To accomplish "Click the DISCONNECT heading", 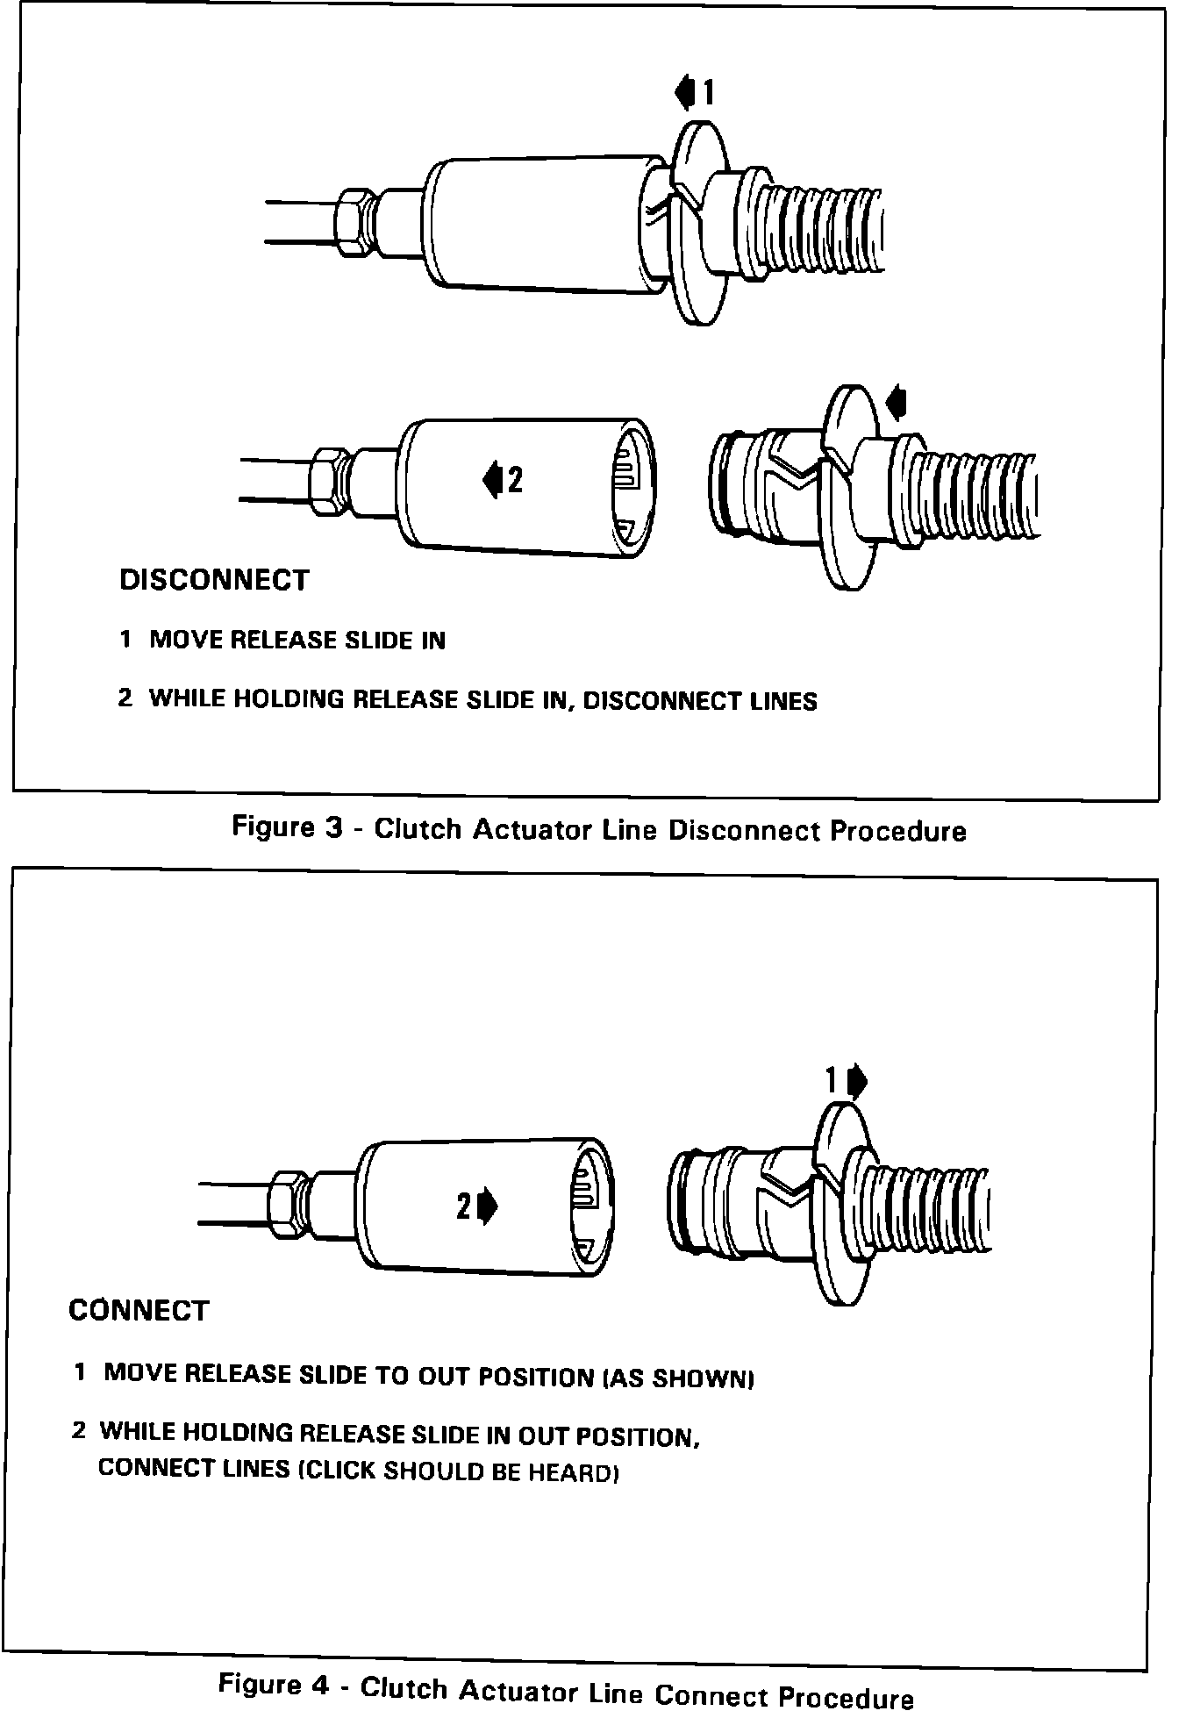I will (214, 580).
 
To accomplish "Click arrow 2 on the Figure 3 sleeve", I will (492, 479).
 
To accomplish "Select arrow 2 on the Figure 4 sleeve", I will (487, 1207).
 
